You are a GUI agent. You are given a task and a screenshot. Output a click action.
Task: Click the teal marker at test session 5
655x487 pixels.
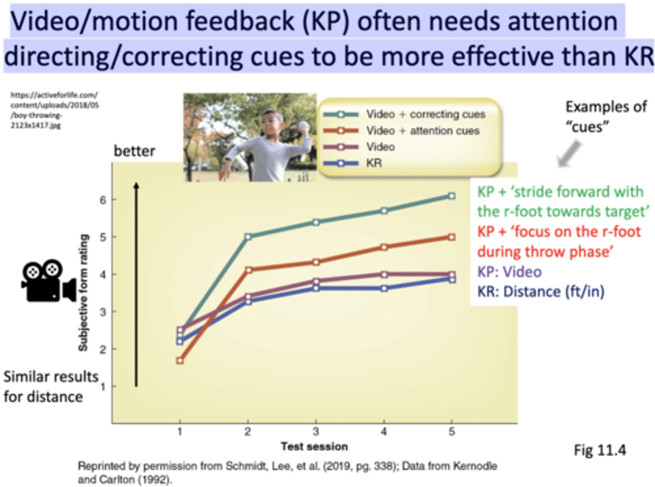(451, 196)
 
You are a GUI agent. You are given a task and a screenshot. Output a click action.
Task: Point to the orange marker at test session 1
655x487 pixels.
(180, 361)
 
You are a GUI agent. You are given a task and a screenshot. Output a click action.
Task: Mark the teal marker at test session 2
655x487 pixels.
(248, 236)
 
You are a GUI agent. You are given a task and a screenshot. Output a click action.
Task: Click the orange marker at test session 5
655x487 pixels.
(451, 237)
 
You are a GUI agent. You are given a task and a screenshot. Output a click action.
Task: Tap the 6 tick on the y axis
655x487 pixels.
(103, 200)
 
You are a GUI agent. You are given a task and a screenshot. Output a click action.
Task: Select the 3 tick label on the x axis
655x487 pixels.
(316, 432)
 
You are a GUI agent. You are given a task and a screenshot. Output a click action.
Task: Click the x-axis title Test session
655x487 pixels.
(314, 447)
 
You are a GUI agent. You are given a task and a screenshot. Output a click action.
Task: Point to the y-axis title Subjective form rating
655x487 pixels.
(83, 292)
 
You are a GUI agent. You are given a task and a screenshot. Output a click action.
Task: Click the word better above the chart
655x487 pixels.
(134, 151)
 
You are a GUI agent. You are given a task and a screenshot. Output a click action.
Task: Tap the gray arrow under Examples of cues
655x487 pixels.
(569, 154)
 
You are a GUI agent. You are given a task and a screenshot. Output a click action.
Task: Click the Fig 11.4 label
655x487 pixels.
(600, 450)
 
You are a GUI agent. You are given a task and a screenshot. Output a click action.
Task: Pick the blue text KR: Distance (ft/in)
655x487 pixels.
(540, 291)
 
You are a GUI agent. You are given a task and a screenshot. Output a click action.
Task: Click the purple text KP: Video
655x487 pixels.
(509, 272)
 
